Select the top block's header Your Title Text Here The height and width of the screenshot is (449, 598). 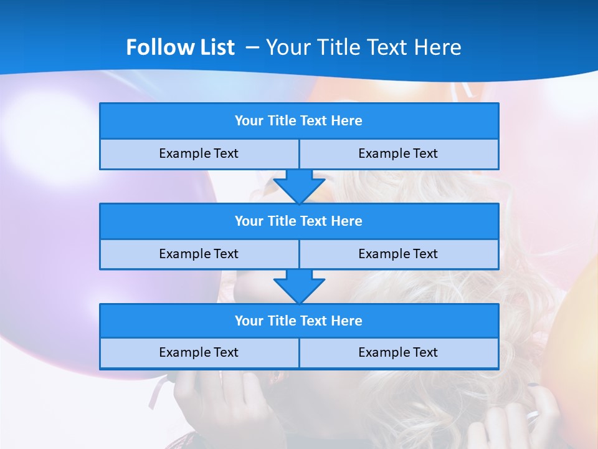[298, 121]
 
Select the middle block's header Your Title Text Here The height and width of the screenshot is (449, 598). [298, 221]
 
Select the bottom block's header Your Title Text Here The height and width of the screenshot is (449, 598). [298, 321]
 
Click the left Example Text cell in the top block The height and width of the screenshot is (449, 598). [199, 153]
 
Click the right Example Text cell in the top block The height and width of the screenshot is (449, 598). [398, 153]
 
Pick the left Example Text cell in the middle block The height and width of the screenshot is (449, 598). [199, 254]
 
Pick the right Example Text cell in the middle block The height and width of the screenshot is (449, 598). [398, 254]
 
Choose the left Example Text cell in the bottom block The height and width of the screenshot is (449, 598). [199, 352]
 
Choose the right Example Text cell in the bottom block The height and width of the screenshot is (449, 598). [398, 352]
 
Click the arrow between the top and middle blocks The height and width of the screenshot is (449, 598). [299, 186]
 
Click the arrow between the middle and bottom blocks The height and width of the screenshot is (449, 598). [299, 286]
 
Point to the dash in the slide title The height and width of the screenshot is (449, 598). [252, 47]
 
